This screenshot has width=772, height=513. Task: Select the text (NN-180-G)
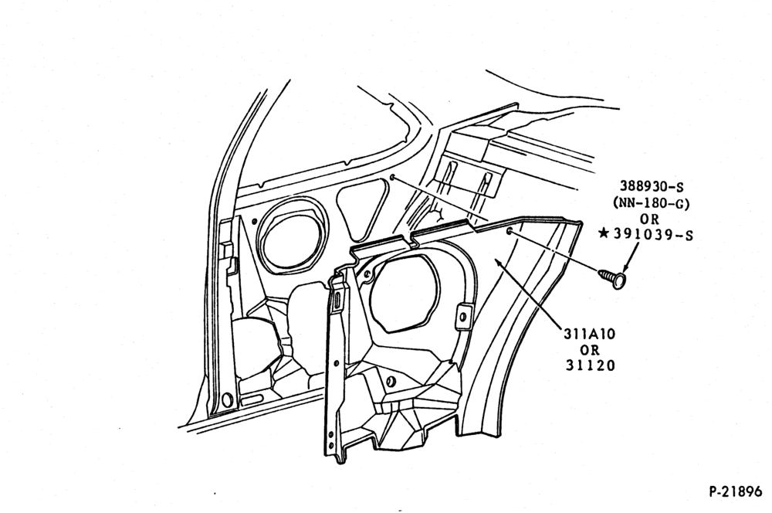[x=651, y=202]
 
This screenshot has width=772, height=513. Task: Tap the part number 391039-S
[x=653, y=235]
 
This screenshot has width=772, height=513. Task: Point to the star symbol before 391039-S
[x=604, y=233]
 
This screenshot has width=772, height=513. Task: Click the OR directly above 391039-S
[x=651, y=219]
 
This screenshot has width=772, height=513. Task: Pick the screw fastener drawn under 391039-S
[x=611, y=278]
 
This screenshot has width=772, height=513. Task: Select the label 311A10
[x=589, y=334]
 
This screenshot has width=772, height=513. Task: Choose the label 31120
[x=590, y=365]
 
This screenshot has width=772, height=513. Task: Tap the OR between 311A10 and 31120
[x=590, y=350]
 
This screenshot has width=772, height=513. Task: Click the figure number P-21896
[x=735, y=491]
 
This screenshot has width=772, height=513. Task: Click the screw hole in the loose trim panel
[x=510, y=232]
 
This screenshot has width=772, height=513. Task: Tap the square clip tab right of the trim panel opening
[x=463, y=315]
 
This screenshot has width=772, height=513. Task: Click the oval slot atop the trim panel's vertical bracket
[x=339, y=301]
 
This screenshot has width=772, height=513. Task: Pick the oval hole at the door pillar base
[x=226, y=399]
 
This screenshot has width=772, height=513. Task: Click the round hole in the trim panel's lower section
[x=391, y=382]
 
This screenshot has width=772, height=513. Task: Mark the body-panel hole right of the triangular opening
[x=392, y=177]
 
